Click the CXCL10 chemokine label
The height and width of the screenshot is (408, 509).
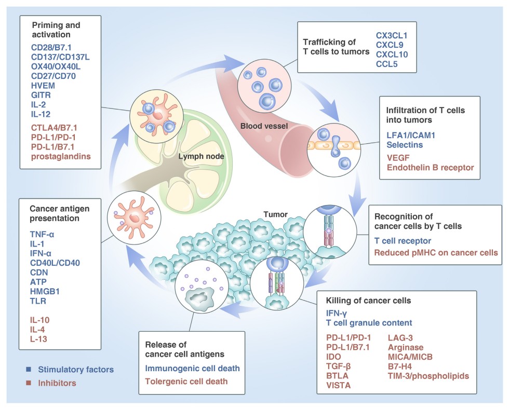[392, 54]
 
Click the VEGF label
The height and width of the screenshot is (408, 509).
[397, 156]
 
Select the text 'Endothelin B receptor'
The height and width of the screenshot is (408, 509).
[430, 167]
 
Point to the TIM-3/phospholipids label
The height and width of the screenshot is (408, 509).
[428, 375]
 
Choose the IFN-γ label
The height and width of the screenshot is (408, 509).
[337, 312]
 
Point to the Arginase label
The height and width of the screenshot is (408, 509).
[406, 347]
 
